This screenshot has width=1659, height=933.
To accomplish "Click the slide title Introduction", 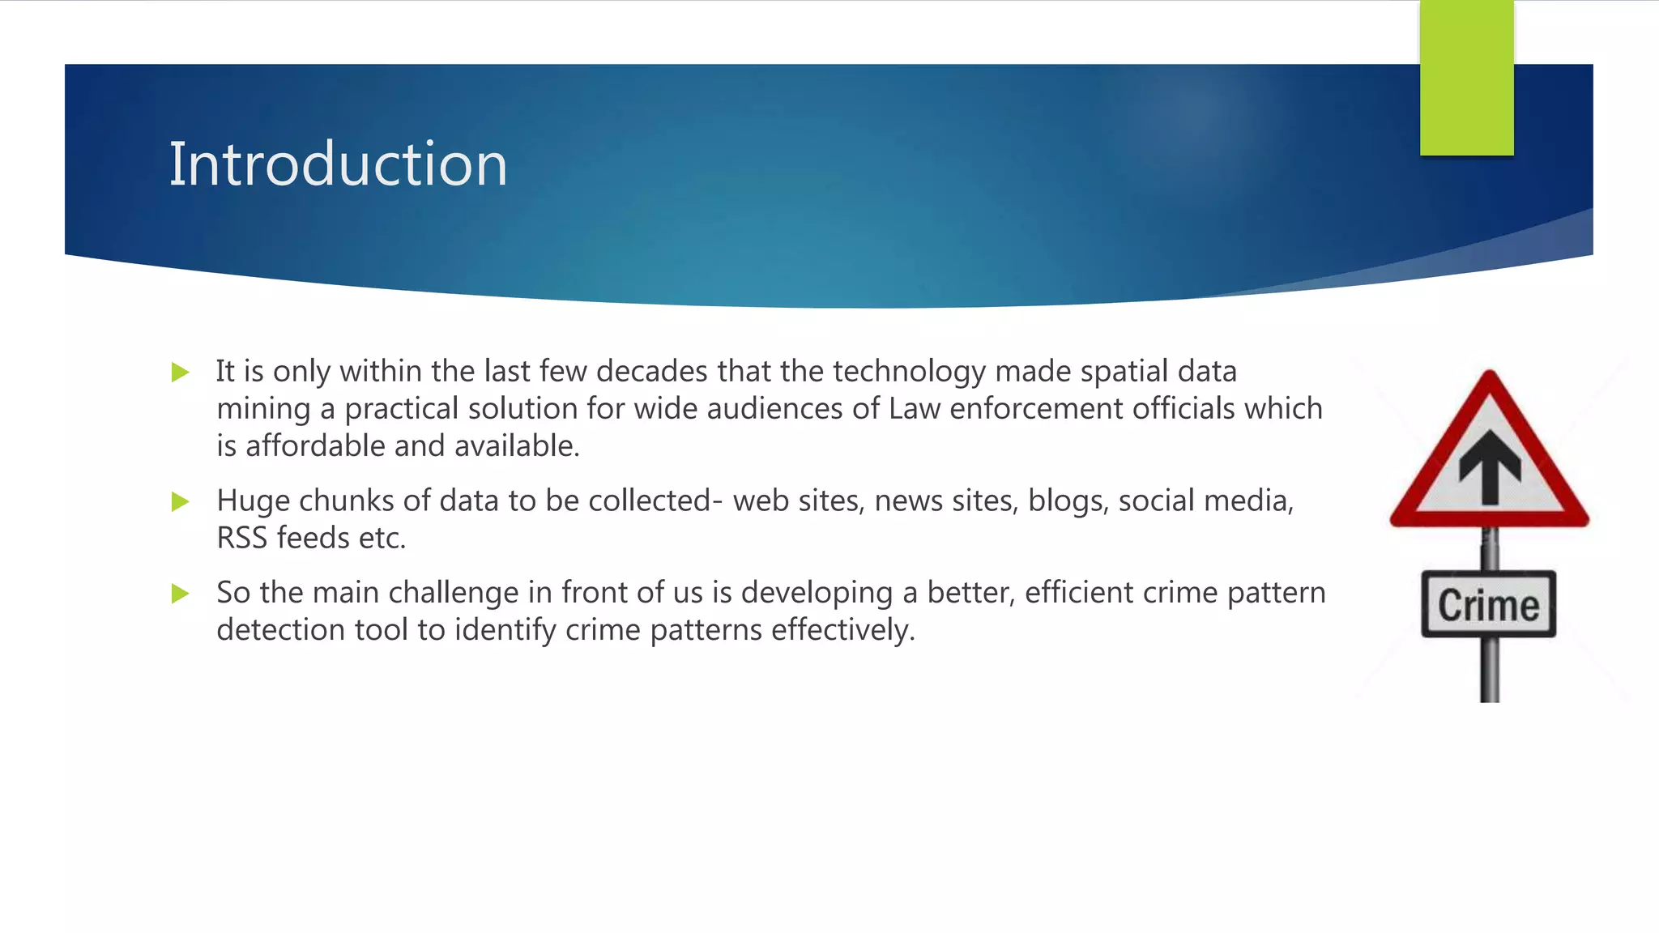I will click(338, 164).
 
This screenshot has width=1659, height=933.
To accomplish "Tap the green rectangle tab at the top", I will click(1466, 78).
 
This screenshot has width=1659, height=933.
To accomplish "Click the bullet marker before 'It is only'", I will click(181, 373).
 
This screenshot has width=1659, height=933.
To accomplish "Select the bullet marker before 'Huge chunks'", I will click(181, 502).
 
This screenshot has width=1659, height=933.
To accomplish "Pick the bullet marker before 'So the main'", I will click(181, 594).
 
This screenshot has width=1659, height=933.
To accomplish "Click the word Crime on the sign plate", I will click(1488, 606).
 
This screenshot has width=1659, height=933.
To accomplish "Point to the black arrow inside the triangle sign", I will click(1489, 467).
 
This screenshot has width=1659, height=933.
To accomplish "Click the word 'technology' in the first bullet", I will click(909, 372).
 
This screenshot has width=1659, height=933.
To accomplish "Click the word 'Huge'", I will click(253, 501).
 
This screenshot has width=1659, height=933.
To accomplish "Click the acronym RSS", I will click(241, 539).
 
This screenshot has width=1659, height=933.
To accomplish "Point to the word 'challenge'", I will click(454, 593).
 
